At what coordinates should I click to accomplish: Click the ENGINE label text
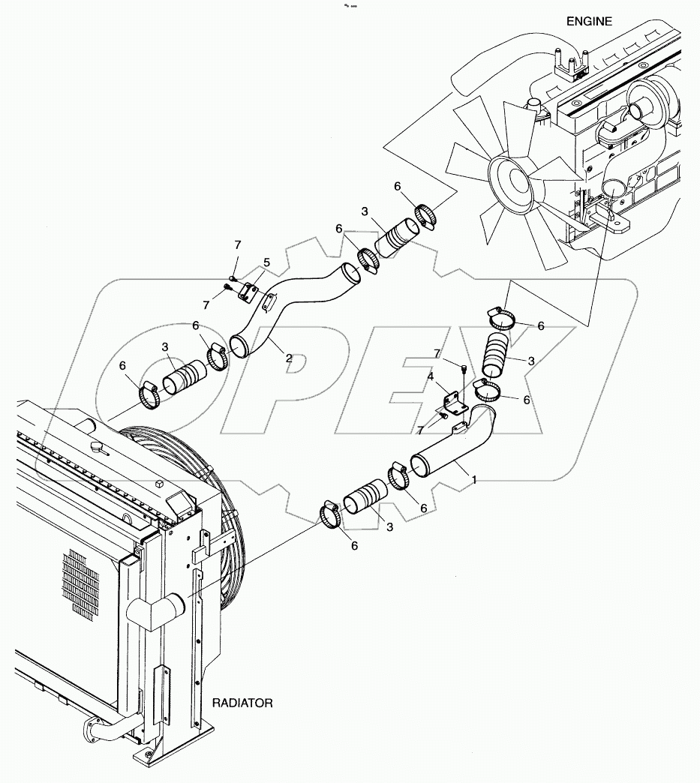(588, 22)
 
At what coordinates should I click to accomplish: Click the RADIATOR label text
(243, 703)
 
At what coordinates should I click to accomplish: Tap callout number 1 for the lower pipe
(474, 479)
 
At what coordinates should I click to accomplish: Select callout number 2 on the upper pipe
(289, 358)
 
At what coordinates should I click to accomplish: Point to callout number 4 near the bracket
(267, 262)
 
